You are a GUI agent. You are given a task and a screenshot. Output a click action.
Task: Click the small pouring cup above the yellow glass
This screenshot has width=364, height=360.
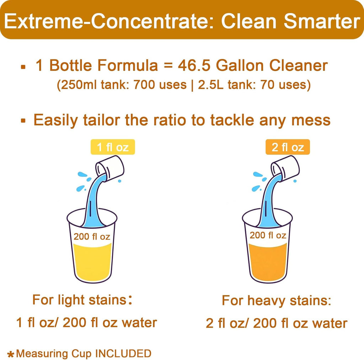pos(111,167)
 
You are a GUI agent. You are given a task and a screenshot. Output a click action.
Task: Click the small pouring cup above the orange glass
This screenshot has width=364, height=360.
pos(285,167)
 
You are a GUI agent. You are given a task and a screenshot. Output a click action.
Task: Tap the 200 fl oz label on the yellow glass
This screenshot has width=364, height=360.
pos(92,236)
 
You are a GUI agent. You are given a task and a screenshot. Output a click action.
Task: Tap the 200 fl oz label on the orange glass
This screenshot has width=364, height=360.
pos(267,235)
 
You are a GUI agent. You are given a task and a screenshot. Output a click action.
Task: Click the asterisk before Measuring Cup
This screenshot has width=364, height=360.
pos(11,354)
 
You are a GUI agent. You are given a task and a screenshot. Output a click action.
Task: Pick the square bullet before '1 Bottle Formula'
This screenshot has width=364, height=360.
pos(23,67)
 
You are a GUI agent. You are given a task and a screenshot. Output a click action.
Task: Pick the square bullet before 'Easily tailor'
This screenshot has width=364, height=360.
pos(23,121)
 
